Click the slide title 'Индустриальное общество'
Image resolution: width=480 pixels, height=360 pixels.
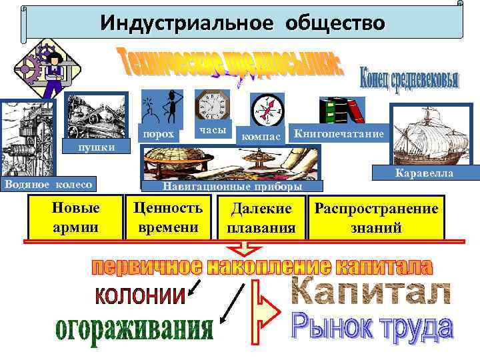[x=243, y=24]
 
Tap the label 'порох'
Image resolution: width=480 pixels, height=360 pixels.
[x=159, y=135]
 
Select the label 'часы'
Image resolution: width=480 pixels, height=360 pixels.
[x=213, y=129]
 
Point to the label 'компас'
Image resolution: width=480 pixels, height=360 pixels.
[x=260, y=136]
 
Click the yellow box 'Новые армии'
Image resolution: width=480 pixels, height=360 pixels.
[x=75, y=217]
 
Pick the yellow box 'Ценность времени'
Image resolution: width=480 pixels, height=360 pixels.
[x=169, y=217]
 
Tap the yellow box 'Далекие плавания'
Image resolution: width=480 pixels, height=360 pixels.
[x=261, y=218]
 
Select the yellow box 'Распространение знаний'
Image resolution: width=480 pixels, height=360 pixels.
[x=377, y=218]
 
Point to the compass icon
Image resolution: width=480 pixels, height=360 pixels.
[x=267, y=108]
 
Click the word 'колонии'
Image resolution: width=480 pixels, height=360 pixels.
[x=139, y=295]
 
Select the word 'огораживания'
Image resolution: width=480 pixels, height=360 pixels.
[x=134, y=329]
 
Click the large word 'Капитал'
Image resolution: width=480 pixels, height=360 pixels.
[x=371, y=292]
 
